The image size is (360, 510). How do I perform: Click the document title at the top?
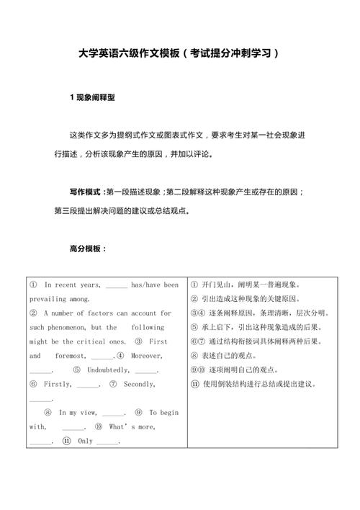point(180,53)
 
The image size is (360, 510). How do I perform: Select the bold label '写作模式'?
point(85,192)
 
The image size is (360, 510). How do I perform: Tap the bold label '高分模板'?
point(86,249)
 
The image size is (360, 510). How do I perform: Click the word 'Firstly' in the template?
point(58,384)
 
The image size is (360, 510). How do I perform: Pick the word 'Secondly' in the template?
point(139,384)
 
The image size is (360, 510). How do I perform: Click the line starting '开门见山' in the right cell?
point(245,285)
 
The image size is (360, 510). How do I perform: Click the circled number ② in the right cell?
point(194,299)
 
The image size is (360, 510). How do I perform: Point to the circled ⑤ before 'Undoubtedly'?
point(76,370)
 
